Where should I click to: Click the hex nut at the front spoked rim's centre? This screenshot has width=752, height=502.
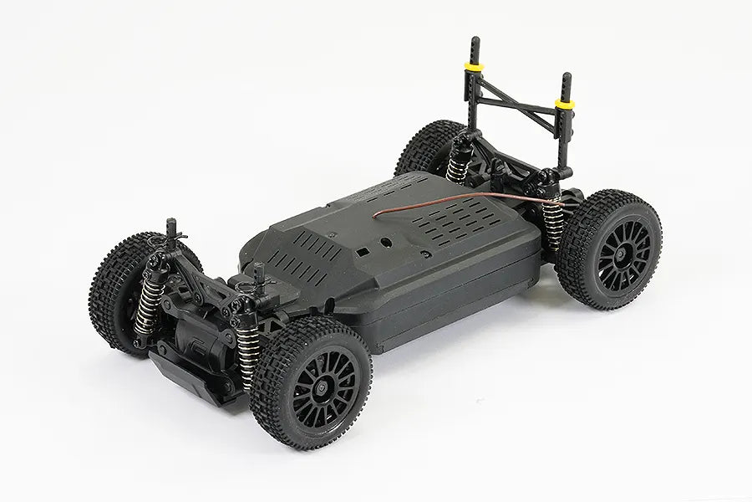pyautogui.click(x=322, y=387)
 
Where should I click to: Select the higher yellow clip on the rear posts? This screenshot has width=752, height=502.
pyautogui.click(x=475, y=66)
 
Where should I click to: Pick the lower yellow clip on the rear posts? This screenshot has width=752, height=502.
pyautogui.click(x=565, y=105)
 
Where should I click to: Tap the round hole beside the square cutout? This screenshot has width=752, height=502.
pyautogui.click(x=385, y=243)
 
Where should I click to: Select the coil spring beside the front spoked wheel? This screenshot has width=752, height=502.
pyautogui.click(x=248, y=351)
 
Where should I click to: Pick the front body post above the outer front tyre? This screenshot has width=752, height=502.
pyautogui.click(x=171, y=231)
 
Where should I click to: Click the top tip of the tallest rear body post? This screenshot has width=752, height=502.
pyautogui.click(x=475, y=40)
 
